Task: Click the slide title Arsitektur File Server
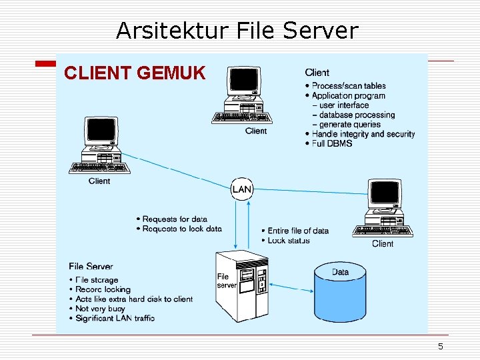coord(237,31)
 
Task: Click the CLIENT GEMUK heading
coord(135,73)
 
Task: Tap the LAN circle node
coord(242,189)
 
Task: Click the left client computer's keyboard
coord(99,168)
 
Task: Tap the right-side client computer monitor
coord(385,194)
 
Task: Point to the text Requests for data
coord(175,219)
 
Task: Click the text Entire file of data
coord(298,231)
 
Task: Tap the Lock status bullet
coord(288,241)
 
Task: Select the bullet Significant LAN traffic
coord(115,318)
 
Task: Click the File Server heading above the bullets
coord(91,267)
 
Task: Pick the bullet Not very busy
coord(100,309)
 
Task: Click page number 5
coord(440,346)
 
